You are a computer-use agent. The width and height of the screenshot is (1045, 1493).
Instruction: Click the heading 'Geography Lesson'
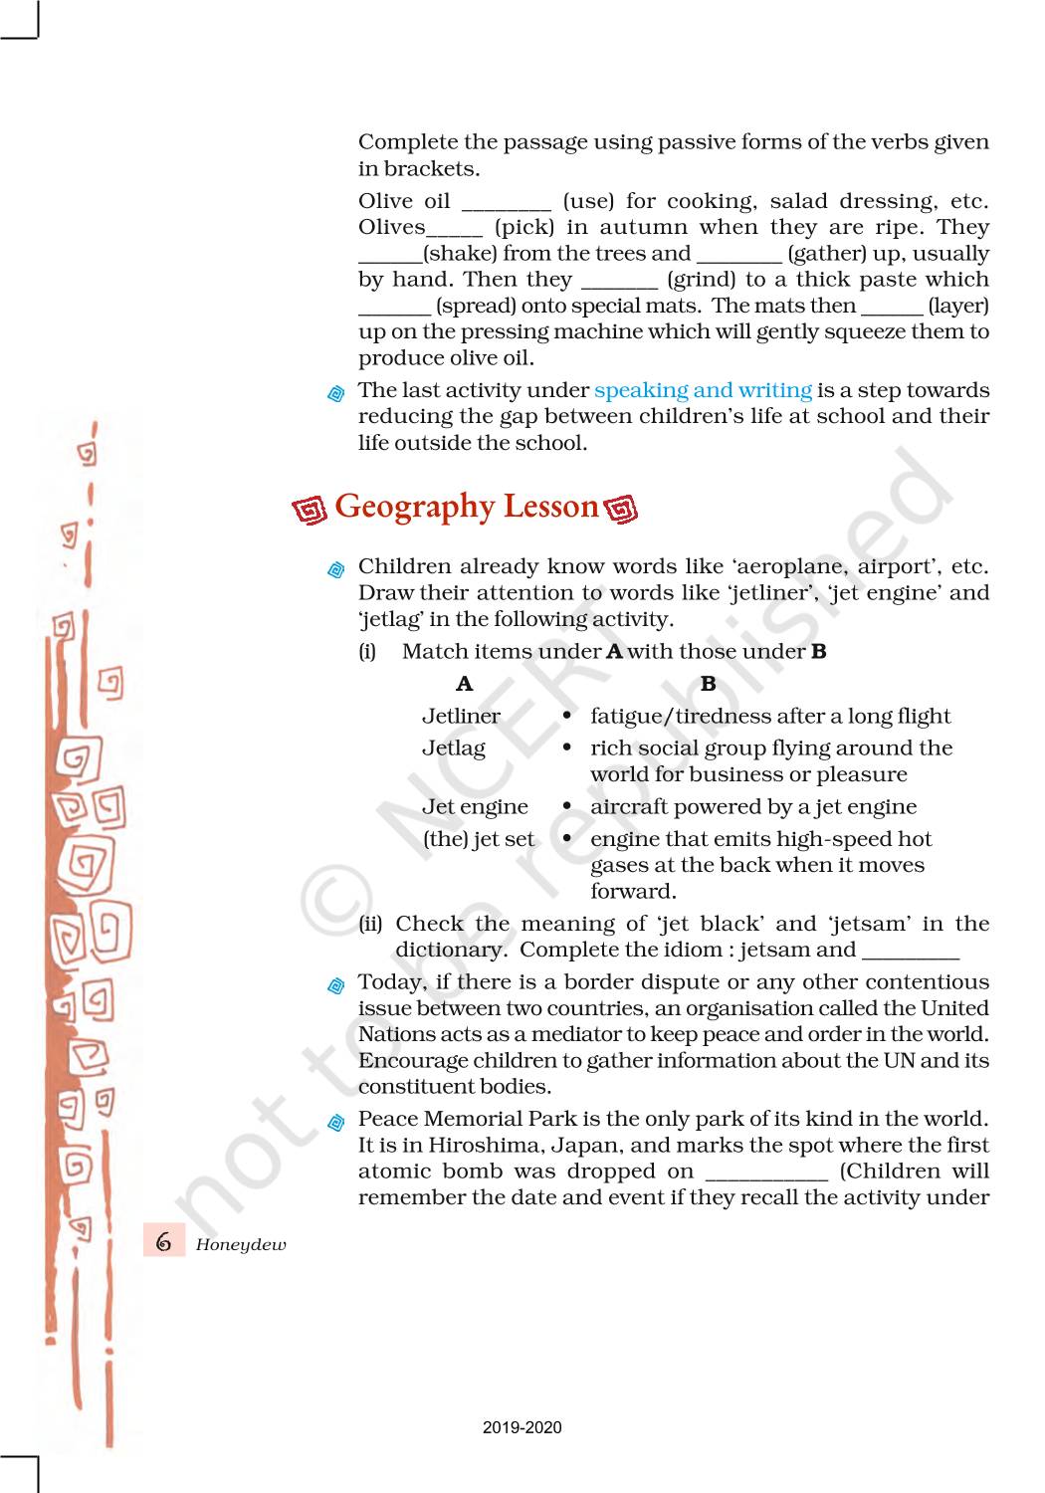pos(466,507)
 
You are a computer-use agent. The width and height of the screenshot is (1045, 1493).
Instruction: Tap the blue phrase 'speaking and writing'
pos(703,390)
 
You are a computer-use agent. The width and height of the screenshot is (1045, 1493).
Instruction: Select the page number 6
pos(164,1242)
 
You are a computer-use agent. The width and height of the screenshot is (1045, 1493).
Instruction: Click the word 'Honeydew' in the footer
pos(241,1244)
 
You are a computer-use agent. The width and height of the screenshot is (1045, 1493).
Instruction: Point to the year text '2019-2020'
pos(522,1427)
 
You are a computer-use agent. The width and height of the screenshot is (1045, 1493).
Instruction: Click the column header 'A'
pos(464,684)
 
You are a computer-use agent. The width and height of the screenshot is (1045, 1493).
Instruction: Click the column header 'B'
pos(709,684)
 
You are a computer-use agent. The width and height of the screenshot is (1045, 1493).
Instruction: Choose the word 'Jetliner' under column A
pos(461,716)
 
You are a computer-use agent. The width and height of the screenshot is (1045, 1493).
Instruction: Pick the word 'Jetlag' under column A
pos(454,747)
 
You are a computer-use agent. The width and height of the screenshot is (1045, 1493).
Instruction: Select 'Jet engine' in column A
pos(475,806)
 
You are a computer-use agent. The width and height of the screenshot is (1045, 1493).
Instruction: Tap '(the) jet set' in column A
pos(479,839)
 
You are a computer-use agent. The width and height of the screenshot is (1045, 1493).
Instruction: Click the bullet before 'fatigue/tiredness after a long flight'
pos(566,716)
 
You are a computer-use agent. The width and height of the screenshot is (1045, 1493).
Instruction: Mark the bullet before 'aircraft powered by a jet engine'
pos(566,806)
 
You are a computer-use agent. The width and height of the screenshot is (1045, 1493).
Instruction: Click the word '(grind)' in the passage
pos(703,280)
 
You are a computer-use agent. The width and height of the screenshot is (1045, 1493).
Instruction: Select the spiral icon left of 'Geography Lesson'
pos(310,510)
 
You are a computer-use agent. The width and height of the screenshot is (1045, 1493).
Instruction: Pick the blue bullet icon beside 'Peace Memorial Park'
pos(336,1122)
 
